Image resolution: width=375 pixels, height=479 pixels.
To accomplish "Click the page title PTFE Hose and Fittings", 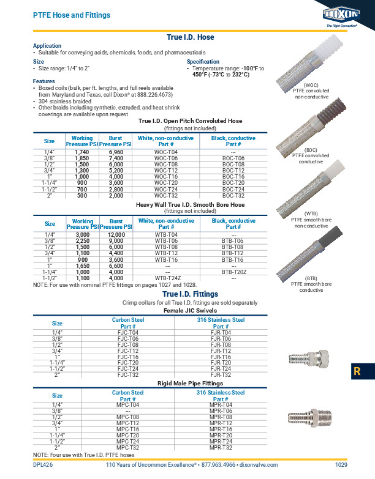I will (x=71, y=15).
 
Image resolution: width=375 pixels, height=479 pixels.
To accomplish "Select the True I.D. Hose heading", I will (x=191, y=37).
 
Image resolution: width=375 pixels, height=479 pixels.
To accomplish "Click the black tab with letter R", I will (x=362, y=371).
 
